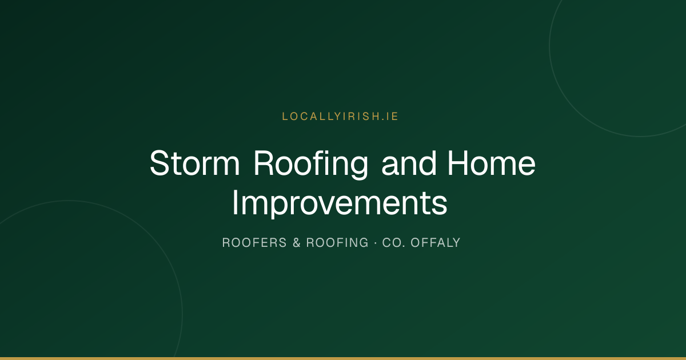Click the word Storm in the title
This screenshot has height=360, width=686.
click(x=194, y=163)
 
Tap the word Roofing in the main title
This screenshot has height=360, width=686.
click(x=311, y=165)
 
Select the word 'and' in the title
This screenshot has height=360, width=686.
click(x=409, y=163)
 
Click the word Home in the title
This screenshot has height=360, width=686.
click(x=492, y=163)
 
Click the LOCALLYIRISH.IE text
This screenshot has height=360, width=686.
click(x=340, y=117)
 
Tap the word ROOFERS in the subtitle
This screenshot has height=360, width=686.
click(x=254, y=242)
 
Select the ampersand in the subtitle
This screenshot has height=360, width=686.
click(x=297, y=242)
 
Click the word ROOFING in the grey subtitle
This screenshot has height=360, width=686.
click(x=337, y=242)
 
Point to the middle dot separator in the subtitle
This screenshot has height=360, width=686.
click(x=376, y=243)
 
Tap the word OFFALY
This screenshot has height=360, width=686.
click(x=436, y=242)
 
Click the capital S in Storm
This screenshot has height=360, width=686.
click(x=159, y=163)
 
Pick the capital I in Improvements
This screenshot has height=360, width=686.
click(x=235, y=202)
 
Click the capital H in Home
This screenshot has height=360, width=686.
click(x=458, y=163)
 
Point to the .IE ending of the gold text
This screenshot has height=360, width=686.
click(x=390, y=117)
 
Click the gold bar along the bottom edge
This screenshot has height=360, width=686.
click(x=343, y=358)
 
